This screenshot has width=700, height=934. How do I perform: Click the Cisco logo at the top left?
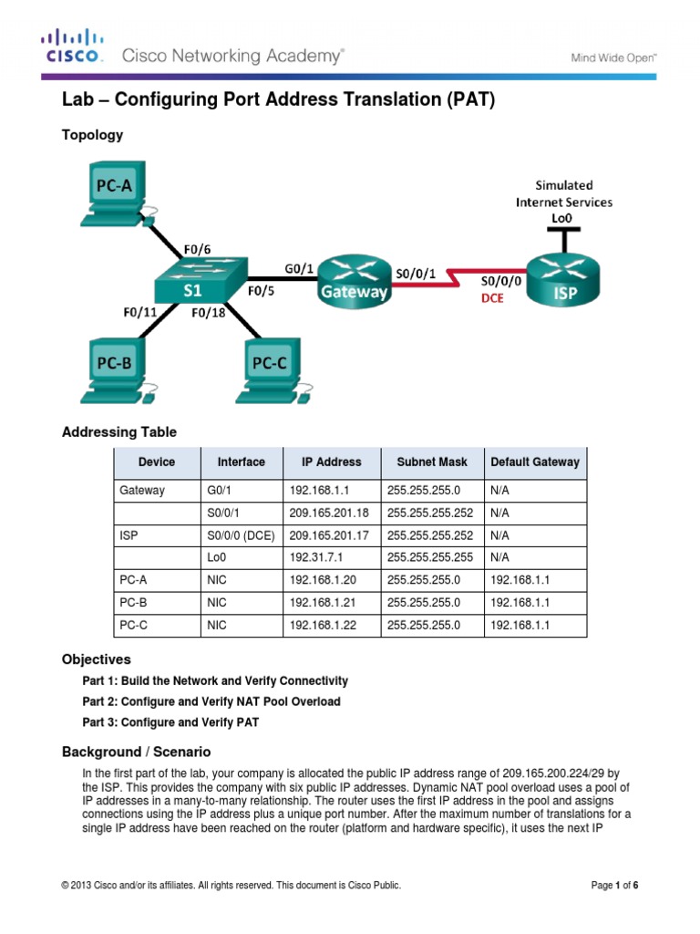pos(73,47)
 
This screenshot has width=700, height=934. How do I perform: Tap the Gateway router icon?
pos(353,280)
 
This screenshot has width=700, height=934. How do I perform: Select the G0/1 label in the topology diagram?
pos(299,268)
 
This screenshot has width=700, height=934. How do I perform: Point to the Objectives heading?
pos(96,659)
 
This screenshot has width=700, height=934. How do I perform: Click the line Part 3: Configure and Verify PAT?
pos(170,722)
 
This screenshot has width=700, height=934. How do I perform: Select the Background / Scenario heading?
pos(136,752)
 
